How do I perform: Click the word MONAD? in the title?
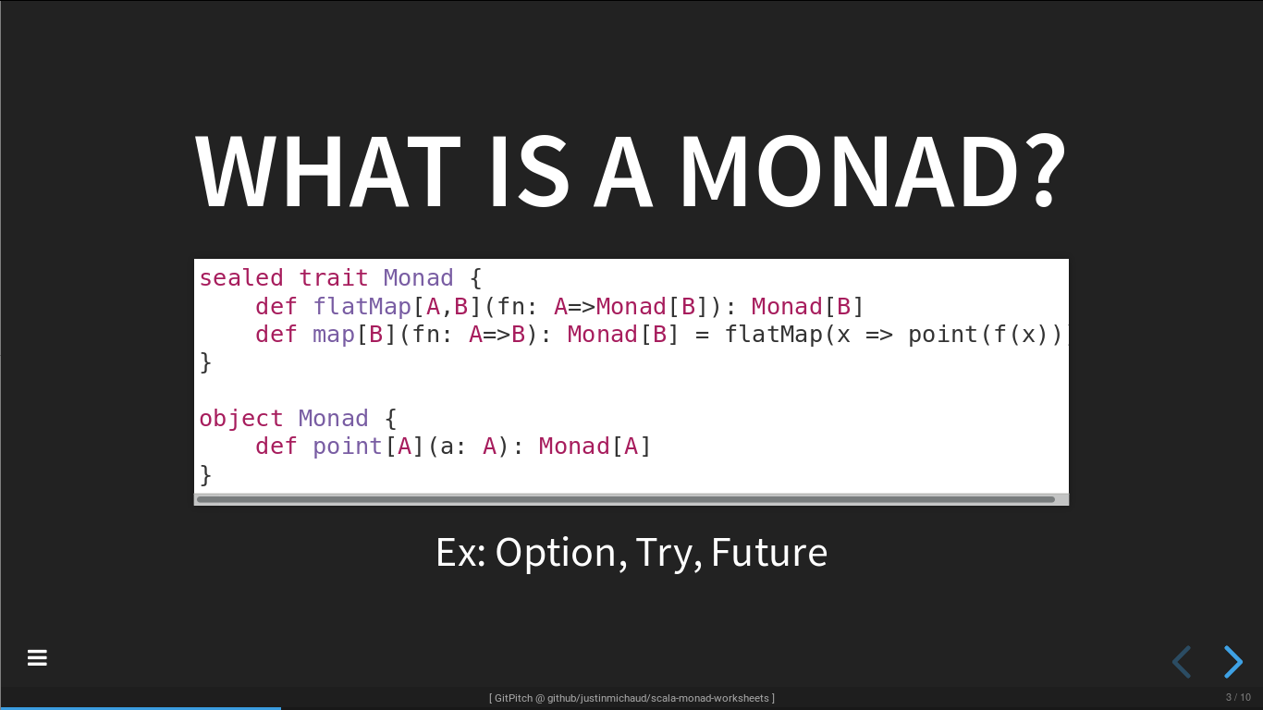point(872,171)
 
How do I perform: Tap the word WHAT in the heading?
point(327,171)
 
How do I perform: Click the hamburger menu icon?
point(37,657)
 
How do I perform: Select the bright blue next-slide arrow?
point(1233,662)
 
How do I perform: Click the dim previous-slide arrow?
point(1182,662)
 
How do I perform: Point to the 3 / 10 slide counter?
point(1238,698)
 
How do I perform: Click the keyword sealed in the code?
point(241,278)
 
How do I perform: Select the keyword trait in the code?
point(333,278)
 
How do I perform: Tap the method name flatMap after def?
point(362,307)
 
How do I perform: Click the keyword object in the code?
point(241,419)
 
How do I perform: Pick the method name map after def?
point(334,335)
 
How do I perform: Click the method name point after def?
point(348,447)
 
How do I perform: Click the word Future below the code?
point(769,553)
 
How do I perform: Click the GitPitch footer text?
point(631,698)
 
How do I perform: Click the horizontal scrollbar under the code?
point(626,499)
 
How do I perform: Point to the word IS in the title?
point(530,171)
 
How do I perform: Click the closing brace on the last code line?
point(205,475)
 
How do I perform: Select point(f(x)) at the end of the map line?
point(985,335)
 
